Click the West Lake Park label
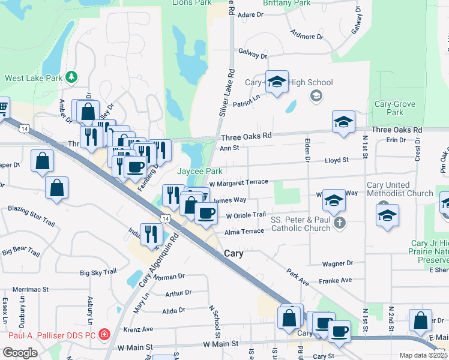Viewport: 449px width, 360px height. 34,78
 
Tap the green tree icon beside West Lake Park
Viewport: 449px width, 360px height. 71,77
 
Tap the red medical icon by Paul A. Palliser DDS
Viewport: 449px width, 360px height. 104,334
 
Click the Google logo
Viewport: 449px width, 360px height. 20,352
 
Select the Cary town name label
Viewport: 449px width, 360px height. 234,254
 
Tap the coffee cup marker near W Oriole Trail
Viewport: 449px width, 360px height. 206,214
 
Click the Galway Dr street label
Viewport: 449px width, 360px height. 253,56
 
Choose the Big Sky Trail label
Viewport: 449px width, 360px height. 98,272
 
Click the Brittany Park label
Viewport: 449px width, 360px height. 286,3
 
